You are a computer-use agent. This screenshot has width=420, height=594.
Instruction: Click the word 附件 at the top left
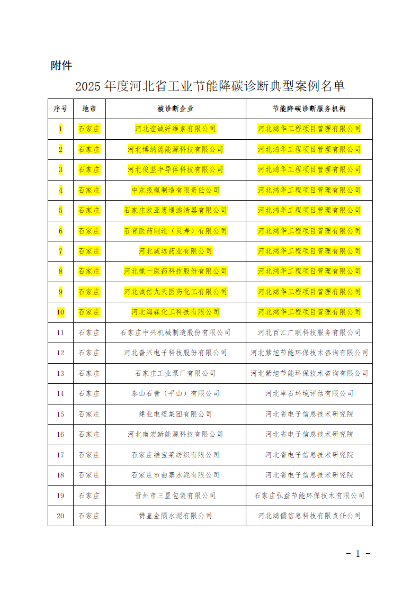[61, 66]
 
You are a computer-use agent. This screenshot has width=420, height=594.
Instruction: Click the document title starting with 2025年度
[210, 86]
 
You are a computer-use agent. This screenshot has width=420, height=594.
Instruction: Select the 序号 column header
[60, 109]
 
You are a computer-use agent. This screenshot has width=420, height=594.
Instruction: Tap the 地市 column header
[89, 109]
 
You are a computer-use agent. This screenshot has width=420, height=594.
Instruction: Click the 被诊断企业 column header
[175, 109]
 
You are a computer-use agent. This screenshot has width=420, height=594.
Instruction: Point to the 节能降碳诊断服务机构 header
[309, 109]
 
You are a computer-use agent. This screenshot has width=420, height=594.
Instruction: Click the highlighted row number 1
[60, 129]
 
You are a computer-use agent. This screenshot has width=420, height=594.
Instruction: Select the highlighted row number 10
[60, 312]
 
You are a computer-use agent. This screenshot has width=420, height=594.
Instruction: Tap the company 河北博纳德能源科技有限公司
[175, 149]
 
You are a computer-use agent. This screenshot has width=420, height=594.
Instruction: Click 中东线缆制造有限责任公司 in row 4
[175, 190]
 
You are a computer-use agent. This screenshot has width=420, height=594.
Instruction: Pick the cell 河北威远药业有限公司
[175, 251]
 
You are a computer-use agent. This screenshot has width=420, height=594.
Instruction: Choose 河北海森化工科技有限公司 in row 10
[175, 312]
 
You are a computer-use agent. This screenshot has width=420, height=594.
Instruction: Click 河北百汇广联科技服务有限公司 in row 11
[309, 332]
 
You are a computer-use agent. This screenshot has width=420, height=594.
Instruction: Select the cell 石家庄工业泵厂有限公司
[175, 373]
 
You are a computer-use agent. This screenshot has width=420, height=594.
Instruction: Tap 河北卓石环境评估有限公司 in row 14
[309, 393]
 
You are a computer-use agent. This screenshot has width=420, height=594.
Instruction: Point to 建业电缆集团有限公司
[175, 414]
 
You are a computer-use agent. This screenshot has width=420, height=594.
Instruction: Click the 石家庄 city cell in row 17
[89, 455]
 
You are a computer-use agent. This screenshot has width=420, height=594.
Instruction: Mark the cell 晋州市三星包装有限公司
[175, 496]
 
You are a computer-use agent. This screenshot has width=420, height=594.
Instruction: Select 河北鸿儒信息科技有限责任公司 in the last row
[309, 516]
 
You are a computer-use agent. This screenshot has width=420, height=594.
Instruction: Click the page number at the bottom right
[358, 554]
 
